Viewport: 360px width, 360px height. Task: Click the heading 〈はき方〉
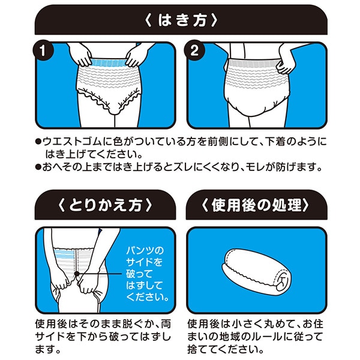[180, 20]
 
